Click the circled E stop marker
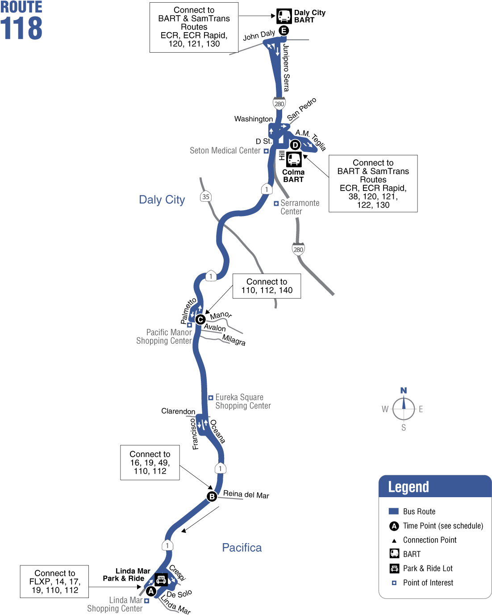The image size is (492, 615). click(x=284, y=30)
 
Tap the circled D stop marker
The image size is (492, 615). click(x=295, y=145)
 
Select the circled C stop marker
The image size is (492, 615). click(x=200, y=320)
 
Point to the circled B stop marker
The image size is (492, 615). click(x=212, y=496)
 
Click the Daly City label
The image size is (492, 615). click(x=162, y=199)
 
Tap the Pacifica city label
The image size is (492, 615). click(x=242, y=548)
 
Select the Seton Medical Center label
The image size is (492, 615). click(x=225, y=151)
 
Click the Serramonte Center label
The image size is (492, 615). click(x=299, y=208)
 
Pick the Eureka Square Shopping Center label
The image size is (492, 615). click(x=243, y=401)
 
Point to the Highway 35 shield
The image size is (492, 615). click(x=205, y=196)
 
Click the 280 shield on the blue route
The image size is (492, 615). click(x=279, y=104)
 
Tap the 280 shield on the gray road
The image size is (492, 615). click(x=298, y=249)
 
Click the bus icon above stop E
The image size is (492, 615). click(x=284, y=16)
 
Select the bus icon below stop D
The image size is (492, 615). click(x=294, y=159)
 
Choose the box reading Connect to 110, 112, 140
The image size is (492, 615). click(x=267, y=286)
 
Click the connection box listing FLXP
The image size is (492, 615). click(x=54, y=582)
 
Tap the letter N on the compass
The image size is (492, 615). click(x=404, y=391)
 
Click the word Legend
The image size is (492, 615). click(x=409, y=487)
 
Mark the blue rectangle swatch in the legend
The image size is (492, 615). click(x=393, y=511)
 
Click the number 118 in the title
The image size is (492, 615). click(x=21, y=29)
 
